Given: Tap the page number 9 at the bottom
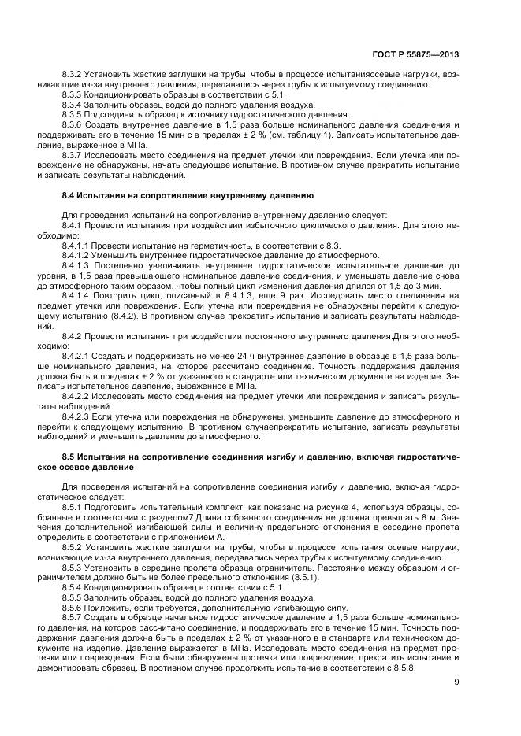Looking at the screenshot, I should tap(456, 682).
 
